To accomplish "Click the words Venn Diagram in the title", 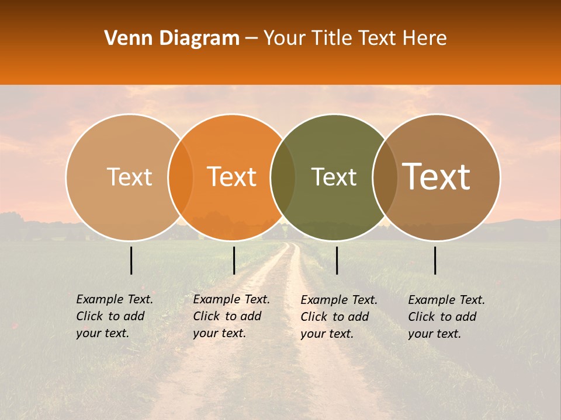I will click(x=172, y=38).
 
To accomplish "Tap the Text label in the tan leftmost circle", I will click(x=129, y=177).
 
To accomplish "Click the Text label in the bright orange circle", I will click(x=231, y=177).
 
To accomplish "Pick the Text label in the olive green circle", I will click(x=334, y=177).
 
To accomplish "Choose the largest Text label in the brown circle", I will click(x=437, y=177).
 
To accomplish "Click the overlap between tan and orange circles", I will click(x=181, y=177).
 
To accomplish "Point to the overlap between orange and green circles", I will click(x=283, y=177).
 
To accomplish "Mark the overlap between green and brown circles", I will click(x=385, y=177).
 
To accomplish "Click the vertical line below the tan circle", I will click(x=131, y=260).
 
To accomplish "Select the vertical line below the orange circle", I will click(x=234, y=260).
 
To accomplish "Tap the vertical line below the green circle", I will click(x=337, y=260).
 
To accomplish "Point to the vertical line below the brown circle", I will click(x=435, y=260).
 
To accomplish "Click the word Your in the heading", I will click(x=284, y=38).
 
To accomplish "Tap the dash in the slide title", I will click(x=251, y=39).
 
